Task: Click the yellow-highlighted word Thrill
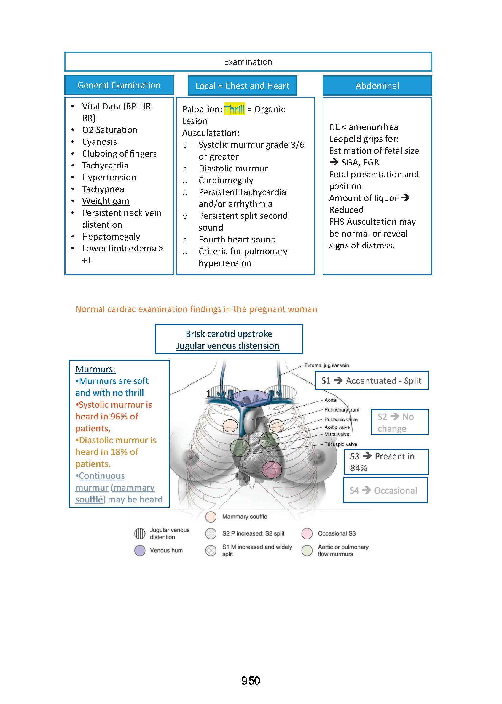234,109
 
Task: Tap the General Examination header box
119,85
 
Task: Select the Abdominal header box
377,86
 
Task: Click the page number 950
251,681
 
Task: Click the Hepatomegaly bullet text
111,237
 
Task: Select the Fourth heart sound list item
237,240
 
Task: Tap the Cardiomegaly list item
226,180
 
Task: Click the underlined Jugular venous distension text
228,346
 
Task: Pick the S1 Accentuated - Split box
371,380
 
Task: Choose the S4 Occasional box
385,491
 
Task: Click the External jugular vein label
326,365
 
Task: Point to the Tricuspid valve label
341,444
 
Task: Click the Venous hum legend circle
140,550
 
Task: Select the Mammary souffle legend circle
211,517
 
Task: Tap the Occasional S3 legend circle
307,533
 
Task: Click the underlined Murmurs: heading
95,369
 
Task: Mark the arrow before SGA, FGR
334,162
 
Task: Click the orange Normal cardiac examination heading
196,309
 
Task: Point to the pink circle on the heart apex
272,470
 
